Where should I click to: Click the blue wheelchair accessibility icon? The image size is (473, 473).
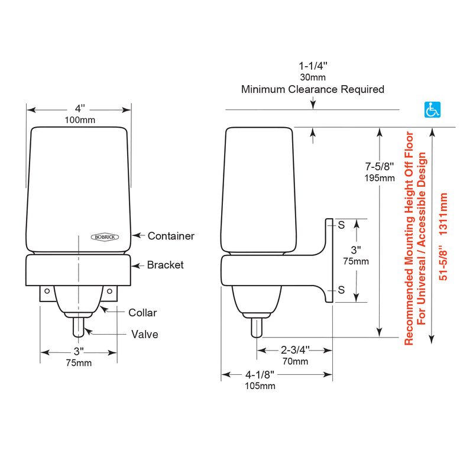click(432, 109)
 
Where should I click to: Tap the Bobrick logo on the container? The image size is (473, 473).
click(105, 237)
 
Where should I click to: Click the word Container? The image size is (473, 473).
click(171, 236)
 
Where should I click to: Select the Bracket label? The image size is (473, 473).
click(166, 265)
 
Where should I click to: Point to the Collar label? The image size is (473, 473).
click(142, 313)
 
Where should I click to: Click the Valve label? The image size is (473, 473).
click(145, 334)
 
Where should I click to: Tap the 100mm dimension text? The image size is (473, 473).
click(80, 120)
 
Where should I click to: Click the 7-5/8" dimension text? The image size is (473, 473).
click(380, 167)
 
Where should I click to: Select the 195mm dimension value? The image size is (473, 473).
click(380, 178)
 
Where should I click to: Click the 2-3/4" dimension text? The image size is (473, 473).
click(295, 350)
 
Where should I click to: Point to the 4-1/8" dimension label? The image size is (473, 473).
click(260, 375)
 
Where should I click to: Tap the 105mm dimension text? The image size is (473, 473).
click(260, 386)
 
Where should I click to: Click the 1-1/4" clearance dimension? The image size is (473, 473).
click(313, 66)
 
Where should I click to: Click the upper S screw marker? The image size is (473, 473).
click(341, 225)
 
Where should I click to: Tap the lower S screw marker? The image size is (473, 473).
click(341, 290)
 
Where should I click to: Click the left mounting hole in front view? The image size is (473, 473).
click(47, 291)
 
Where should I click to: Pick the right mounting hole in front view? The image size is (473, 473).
click(109, 291)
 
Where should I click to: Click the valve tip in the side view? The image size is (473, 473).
click(257, 336)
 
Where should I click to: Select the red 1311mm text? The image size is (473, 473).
click(443, 214)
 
